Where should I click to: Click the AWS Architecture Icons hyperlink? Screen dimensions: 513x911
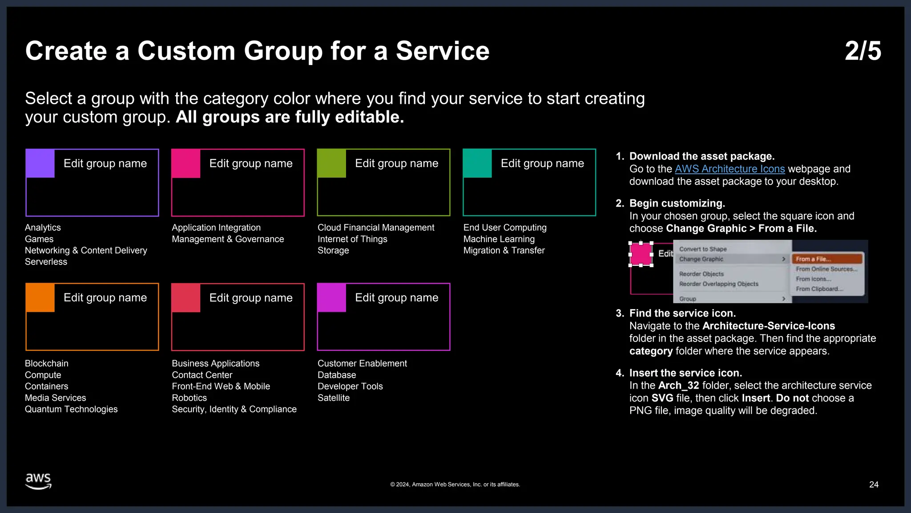tap(730, 169)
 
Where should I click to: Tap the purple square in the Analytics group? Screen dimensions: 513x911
tap(40, 163)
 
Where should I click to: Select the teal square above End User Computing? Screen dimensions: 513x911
tap(477, 163)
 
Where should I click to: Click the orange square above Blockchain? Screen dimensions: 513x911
tap(40, 297)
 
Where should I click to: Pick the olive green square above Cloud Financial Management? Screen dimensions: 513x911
tap(331, 163)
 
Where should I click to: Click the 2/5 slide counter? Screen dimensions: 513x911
tap(863, 51)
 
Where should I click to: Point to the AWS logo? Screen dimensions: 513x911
tap(38, 481)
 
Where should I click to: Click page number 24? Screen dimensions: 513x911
tap(874, 484)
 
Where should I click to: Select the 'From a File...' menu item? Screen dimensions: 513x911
tap(826, 259)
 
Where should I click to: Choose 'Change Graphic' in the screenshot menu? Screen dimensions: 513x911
tap(701, 259)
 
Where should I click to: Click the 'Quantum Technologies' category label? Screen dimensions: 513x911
tap(71, 409)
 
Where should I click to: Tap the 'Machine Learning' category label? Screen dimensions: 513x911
tap(499, 239)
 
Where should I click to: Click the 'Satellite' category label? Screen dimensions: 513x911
tap(333, 398)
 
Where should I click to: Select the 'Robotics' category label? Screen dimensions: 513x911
tap(189, 398)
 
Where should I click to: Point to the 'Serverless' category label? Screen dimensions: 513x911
tap(46, 262)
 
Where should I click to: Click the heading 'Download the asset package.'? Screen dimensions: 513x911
tap(701, 156)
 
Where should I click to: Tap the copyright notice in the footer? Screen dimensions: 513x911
tap(455, 484)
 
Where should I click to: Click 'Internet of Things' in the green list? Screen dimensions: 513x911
tap(352, 239)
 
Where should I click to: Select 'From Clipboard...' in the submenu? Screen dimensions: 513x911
tap(819, 289)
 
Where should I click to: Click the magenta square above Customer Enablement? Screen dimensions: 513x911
tap(331, 297)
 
